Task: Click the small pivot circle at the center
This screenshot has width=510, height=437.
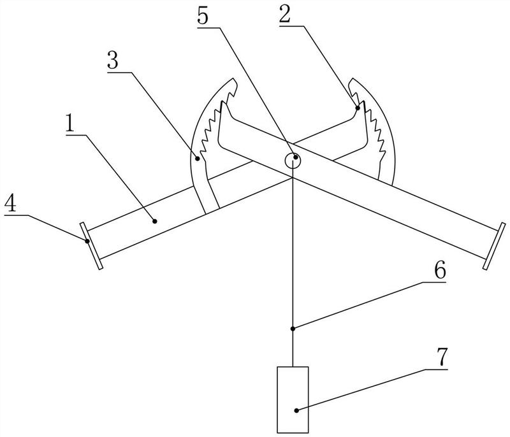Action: [x=293, y=159]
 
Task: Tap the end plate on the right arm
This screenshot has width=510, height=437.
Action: [x=495, y=245]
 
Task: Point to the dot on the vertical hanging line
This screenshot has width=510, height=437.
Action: [x=293, y=329]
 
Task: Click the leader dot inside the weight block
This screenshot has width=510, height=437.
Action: [x=297, y=411]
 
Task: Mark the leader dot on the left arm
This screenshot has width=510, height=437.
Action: [x=154, y=221]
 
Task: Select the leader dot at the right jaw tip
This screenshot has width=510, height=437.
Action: [x=358, y=108]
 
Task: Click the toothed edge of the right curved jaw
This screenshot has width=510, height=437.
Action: [x=376, y=127]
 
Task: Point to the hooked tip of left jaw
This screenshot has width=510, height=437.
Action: [x=233, y=86]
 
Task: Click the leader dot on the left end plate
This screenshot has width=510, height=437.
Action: [x=85, y=241]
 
